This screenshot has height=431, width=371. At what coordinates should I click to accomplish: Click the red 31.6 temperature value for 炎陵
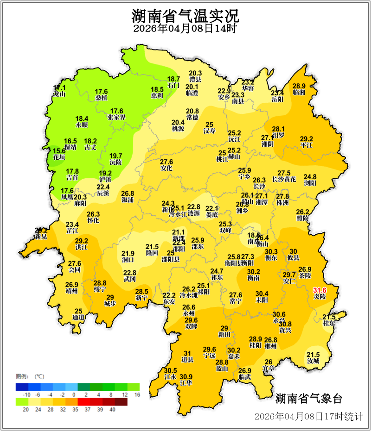tap(320, 290)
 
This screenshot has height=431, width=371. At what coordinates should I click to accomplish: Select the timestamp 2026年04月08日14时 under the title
tap(185, 29)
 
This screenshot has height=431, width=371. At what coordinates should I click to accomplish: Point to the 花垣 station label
tap(59, 157)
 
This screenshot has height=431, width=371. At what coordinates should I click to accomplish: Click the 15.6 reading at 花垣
tap(59, 151)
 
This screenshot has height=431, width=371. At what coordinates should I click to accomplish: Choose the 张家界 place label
tap(116, 117)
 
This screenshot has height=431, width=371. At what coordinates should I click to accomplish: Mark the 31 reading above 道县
tap(187, 354)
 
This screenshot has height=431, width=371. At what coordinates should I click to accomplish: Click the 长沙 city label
tap(259, 186)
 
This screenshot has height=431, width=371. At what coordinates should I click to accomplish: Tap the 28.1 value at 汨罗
tap(278, 129)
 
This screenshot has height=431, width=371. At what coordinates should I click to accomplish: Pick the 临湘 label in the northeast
tap(299, 92)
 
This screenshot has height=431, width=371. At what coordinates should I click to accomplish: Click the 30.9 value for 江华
tap(186, 376)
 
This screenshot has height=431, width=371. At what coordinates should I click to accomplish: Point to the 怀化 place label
tap(93, 220)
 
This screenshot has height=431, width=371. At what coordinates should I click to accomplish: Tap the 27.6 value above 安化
tap(166, 162)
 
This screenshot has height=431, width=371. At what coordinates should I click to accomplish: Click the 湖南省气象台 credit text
tap(308, 399)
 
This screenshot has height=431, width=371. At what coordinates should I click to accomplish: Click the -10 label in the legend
tap(26, 394)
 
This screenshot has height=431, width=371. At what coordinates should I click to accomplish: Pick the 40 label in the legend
tap(112, 409)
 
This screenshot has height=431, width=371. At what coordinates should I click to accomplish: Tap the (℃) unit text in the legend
tap(39, 376)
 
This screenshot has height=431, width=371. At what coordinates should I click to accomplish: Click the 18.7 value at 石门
tap(173, 79)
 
